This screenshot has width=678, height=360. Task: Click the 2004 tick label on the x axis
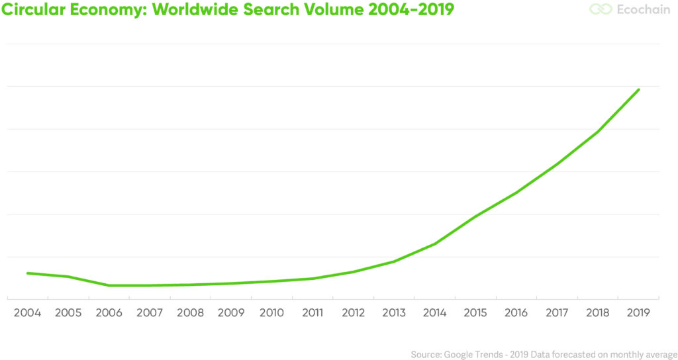[27, 313]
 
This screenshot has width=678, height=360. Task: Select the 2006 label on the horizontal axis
[109, 313]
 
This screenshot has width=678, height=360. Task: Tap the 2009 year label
[231, 313]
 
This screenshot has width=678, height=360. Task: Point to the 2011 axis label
[313, 313]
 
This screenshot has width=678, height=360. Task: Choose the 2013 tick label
[394, 313]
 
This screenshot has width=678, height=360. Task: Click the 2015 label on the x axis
[475, 313]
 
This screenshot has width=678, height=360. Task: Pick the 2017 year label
[557, 313]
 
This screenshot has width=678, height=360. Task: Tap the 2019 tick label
[638, 313]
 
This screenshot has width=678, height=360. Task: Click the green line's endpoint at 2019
[638, 89]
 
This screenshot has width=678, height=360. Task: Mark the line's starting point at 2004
[27, 273]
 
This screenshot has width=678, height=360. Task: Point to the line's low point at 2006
[109, 285]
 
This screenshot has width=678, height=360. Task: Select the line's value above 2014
[435, 244]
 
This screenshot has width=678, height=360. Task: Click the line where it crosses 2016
[516, 193]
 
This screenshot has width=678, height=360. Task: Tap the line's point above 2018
[598, 132]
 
